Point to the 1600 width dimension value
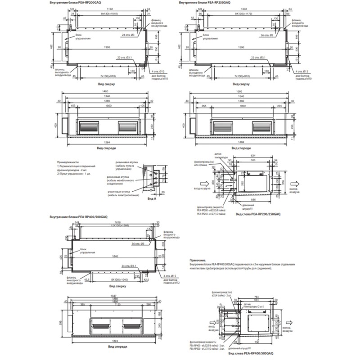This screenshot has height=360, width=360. point(237,91)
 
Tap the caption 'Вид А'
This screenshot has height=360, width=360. point(152,198)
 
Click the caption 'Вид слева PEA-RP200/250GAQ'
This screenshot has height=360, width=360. point(258,216)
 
